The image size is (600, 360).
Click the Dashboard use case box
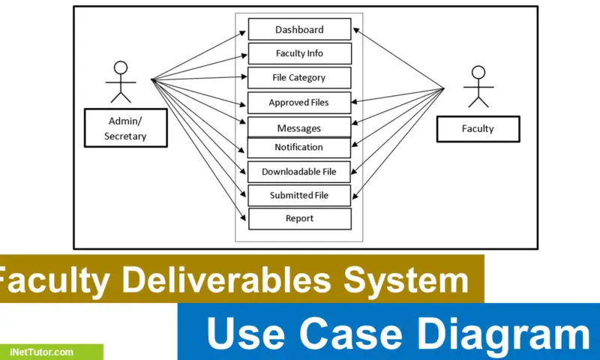tap(299, 29)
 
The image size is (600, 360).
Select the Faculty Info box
tap(299, 53)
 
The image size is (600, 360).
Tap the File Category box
tap(299, 78)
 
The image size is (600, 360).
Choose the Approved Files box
tap(299, 103)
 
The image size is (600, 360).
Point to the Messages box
tap(299, 127)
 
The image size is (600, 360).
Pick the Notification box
tap(298, 147)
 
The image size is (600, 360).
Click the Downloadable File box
tap(298, 172)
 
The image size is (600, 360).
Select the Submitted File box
tap(299, 196)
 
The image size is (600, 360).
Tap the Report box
tap(300, 219)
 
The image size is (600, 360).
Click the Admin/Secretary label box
tap(126, 127)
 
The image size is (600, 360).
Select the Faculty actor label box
tap(478, 129)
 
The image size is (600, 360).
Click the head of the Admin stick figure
tap(121, 67)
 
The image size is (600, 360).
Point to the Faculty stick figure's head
tap(478, 72)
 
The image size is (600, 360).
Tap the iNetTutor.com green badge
tap(51, 352)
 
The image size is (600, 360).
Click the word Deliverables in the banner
tap(226, 280)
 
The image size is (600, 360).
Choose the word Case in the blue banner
tap(350, 334)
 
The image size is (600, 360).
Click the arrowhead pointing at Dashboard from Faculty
tap(355, 30)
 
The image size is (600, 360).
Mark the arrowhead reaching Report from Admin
tap(243, 218)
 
